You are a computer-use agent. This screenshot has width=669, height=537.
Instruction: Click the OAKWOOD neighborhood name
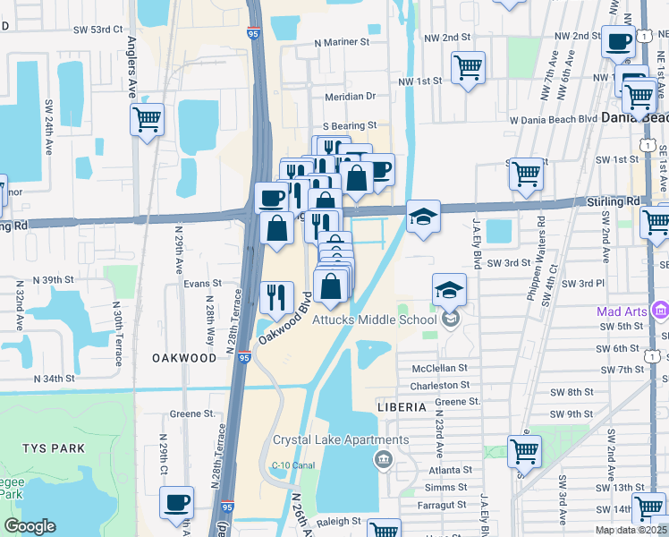click(183, 358)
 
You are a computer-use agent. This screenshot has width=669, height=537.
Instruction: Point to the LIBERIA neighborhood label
click(401, 406)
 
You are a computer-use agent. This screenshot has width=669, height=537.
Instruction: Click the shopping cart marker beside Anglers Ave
click(148, 119)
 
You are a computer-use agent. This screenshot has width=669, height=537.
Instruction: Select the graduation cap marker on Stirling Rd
click(423, 217)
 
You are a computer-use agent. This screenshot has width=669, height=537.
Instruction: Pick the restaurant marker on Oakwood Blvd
click(277, 297)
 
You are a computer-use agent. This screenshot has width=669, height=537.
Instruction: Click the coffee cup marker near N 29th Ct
click(177, 502)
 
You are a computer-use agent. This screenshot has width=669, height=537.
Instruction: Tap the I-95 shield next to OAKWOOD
click(244, 358)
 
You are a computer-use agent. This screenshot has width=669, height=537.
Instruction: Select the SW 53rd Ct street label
click(97, 30)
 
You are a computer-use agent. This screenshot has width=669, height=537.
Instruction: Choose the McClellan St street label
click(439, 368)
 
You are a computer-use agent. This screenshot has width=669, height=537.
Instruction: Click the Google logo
click(30, 526)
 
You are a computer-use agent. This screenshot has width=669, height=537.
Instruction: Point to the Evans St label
click(202, 283)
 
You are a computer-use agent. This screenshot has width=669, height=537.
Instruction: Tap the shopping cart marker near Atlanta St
click(524, 452)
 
